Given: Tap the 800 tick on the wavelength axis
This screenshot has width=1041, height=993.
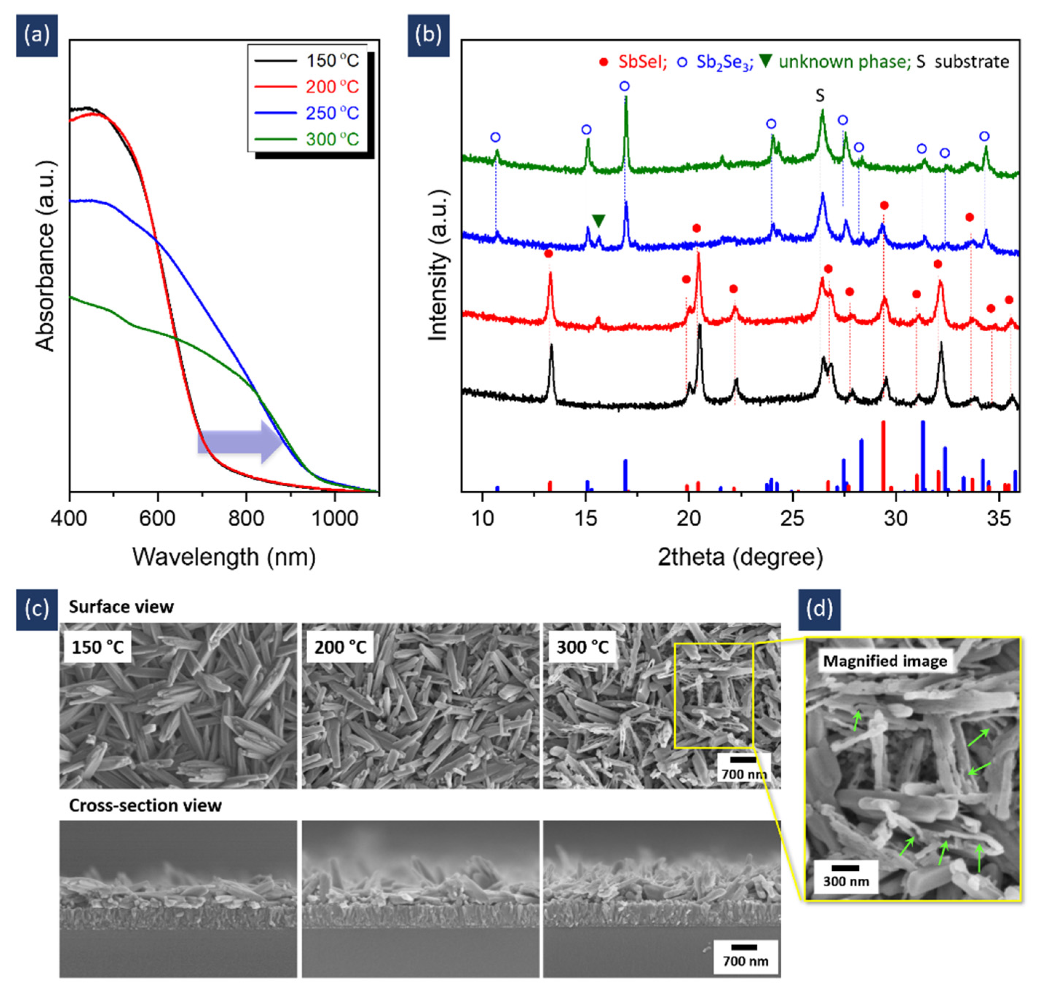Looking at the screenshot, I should click(x=246, y=518).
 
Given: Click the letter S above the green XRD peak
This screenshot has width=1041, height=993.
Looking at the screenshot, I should click(x=820, y=96).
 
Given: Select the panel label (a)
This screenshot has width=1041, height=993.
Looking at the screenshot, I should click(x=36, y=35).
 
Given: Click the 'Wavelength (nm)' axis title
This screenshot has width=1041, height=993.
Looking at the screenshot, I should click(x=224, y=557).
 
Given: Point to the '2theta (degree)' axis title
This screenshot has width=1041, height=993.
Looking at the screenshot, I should click(x=740, y=557).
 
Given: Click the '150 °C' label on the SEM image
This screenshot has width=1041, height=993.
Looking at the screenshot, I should click(x=98, y=647).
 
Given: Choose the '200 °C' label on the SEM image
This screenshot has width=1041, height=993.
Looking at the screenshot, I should click(x=340, y=647).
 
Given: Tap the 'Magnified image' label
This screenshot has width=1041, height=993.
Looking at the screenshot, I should click(x=884, y=661).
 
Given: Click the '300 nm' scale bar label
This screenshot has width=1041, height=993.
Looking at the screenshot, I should click(x=845, y=881).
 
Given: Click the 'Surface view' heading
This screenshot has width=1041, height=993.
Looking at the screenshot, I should click(x=121, y=606).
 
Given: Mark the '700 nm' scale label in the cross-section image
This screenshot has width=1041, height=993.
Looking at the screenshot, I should click(x=745, y=961).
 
